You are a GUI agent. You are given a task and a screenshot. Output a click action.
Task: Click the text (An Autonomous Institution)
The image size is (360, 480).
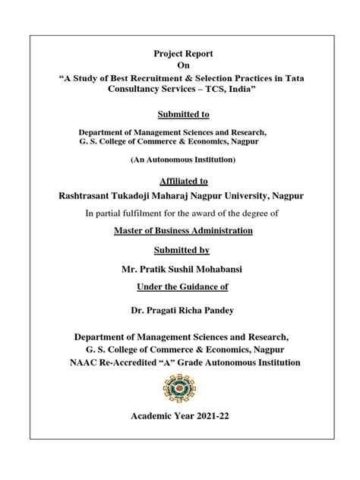pyautogui.click(x=180, y=159)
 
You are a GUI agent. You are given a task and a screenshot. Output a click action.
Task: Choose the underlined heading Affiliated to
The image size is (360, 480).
pyautogui.click(x=180, y=182)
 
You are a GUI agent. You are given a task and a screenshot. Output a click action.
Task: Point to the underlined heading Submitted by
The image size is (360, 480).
pyautogui.click(x=180, y=250)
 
